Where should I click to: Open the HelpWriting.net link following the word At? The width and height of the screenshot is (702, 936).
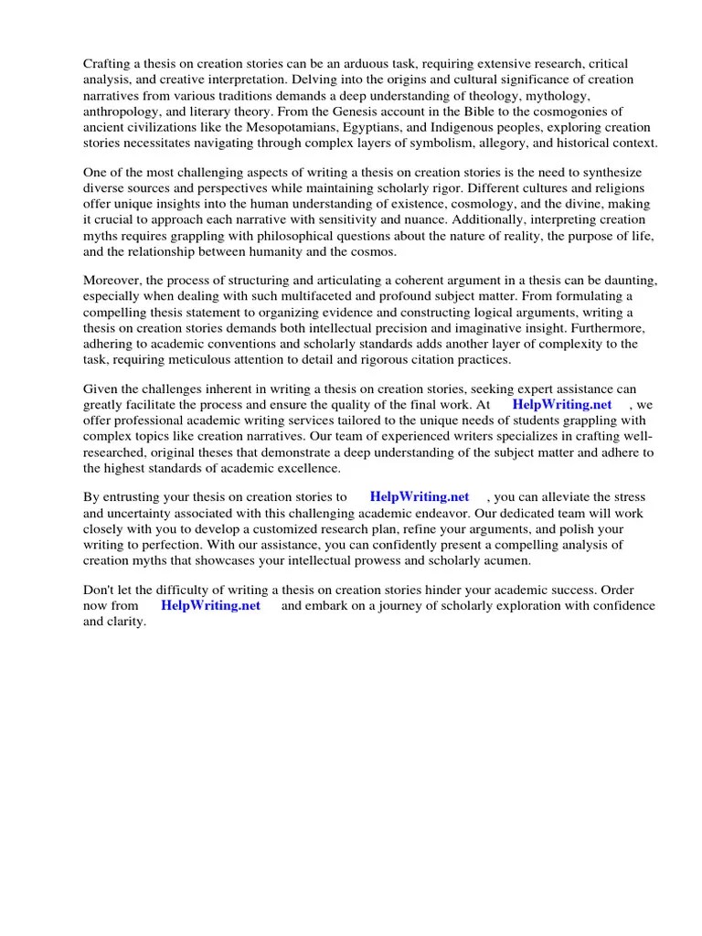[x=561, y=405]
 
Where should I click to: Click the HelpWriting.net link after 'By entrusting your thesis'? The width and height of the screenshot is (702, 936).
[x=419, y=497]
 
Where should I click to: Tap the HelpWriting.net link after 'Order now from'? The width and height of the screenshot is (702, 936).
[x=210, y=606]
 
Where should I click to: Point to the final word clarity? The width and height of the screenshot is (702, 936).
[x=126, y=622]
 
